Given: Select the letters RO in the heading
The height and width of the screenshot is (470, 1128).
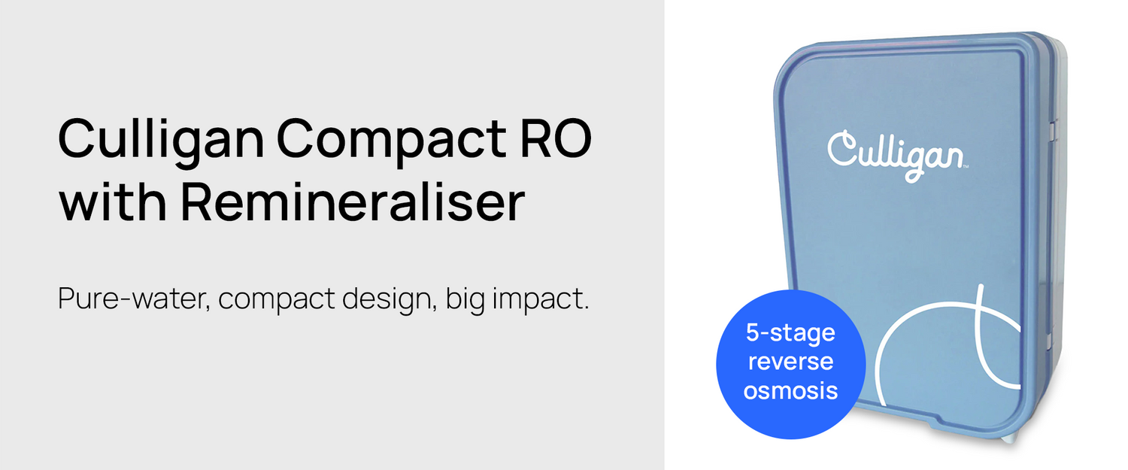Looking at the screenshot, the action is click(x=556, y=138).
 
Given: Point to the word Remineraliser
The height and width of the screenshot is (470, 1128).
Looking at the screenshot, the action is click(x=353, y=202).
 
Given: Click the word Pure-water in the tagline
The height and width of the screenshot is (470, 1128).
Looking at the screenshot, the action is click(x=134, y=299).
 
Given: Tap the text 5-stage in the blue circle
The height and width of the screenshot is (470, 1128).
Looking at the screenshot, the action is click(x=790, y=333).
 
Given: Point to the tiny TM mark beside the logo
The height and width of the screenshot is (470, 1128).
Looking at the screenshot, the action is click(x=966, y=166).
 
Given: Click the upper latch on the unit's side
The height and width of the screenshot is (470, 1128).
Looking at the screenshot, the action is click(x=1052, y=130).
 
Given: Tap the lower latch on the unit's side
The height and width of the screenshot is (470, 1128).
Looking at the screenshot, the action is click(x=1050, y=341).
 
